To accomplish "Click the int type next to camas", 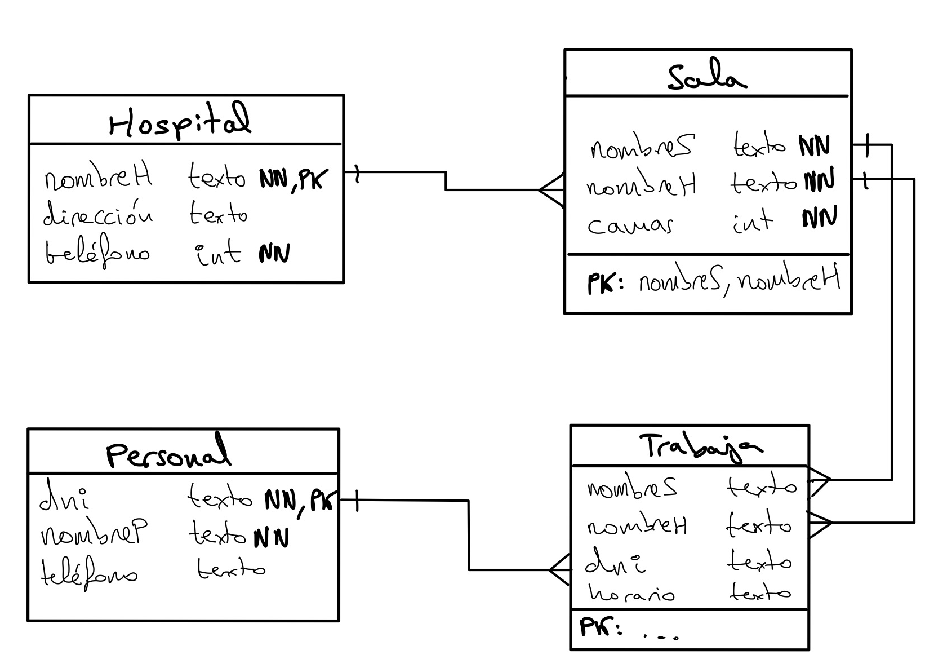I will [x=752, y=221].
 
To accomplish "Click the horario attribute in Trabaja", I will [x=631, y=594].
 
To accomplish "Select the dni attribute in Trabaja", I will [x=616, y=563].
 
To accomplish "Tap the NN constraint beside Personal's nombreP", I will [x=271, y=537].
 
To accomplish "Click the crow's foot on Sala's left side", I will [x=551, y=190].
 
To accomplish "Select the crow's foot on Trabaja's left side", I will [x=559, y=569].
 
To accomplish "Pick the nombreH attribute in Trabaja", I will [x=637, y=527].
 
